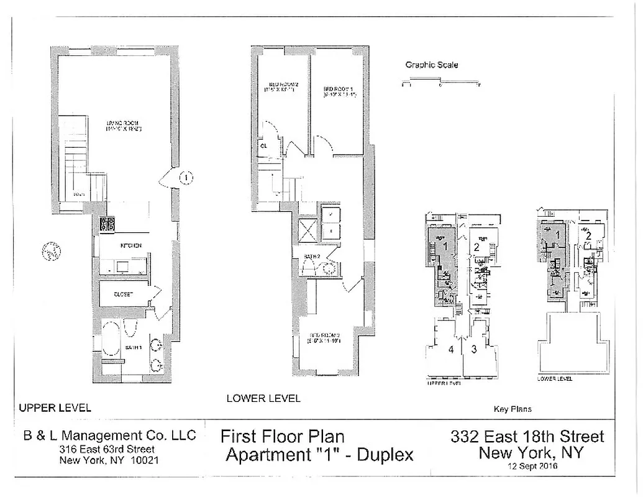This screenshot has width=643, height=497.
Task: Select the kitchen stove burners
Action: [106, 224]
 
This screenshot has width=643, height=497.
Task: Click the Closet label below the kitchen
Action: [123, 294]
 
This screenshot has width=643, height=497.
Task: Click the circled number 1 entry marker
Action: [185, 178]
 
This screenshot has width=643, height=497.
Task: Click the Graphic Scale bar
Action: [440, 81]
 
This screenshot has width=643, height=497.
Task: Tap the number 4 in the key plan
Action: [451, 349]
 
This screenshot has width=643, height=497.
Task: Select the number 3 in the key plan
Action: [474, 349]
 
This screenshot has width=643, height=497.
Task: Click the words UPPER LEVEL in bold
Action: [55, 408]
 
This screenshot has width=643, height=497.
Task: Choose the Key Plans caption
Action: [513, 409]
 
